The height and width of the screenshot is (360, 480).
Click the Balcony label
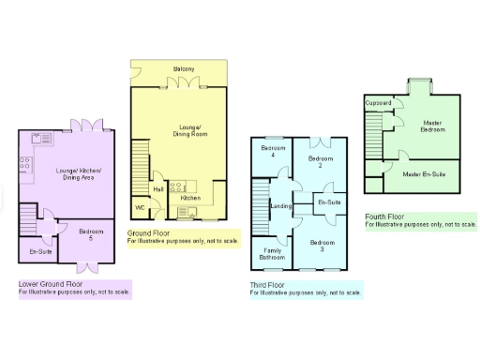pos(184,69)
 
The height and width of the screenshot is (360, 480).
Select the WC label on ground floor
pos(140,207)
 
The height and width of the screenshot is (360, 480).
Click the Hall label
pos(158,189)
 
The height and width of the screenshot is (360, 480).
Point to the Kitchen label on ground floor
pos(190,198)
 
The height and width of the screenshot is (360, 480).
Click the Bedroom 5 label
pos(91,234)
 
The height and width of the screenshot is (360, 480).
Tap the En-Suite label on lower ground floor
pos(40,252)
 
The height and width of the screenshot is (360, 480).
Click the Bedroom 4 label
pos(273,153)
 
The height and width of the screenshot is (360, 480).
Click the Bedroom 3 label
pos(321,247)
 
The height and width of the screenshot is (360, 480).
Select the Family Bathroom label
pos(273,254)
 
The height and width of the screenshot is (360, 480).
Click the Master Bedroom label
pos(431,127)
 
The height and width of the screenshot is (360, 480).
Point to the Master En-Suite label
pos(424,174)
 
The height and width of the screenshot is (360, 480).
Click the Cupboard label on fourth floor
pos(378,101)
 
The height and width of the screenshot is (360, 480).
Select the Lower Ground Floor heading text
pos(51,283)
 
